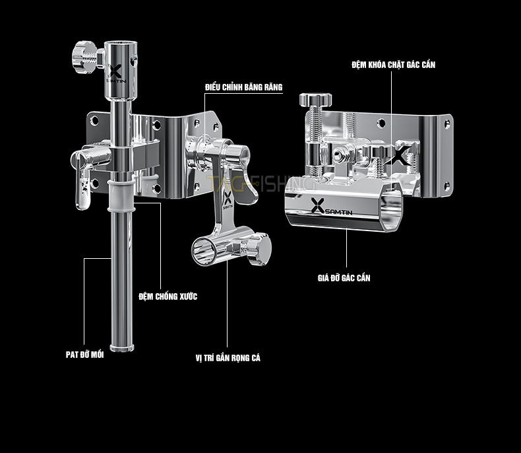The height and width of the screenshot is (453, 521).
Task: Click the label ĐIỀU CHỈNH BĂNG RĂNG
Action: [244, 87]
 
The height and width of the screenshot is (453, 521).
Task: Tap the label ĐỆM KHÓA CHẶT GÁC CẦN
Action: [394, 65]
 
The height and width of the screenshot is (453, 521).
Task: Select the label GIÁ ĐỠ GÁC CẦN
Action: [344, 278]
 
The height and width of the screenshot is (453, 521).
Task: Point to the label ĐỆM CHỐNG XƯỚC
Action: [168, 296]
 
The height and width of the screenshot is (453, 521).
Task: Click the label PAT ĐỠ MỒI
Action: [84, 355]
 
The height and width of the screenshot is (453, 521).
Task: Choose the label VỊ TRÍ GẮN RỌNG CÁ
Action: [228, 358]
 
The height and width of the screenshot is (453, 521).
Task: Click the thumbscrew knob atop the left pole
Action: [83, 57]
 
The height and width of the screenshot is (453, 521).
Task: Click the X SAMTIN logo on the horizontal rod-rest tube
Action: [331, 207]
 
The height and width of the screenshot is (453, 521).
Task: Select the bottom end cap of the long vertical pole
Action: [122, 348]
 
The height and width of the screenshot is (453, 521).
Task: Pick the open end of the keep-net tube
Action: [204, 252]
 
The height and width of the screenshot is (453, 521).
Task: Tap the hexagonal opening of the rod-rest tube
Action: [392, 213]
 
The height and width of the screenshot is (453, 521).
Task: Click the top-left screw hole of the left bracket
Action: [95, 120]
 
